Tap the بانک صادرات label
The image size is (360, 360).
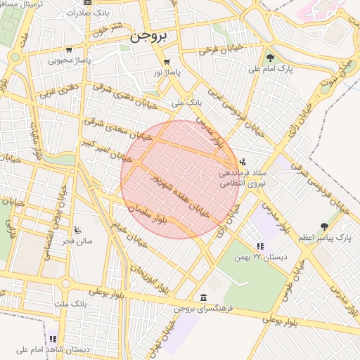pos(103,13)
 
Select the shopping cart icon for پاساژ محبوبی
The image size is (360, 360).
pos(69,50)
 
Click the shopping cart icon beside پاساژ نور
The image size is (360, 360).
pos(167,62)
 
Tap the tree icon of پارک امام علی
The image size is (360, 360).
pos(271,58)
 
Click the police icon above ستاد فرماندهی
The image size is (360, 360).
pos(243,162)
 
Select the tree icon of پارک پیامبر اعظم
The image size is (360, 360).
pos(324,226)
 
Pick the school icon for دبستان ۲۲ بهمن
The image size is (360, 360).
pos(261,246)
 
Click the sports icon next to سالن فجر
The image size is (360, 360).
pos(77,231)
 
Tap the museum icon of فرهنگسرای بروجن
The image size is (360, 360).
pos(203,297)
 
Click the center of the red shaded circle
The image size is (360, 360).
pos(180,179)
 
